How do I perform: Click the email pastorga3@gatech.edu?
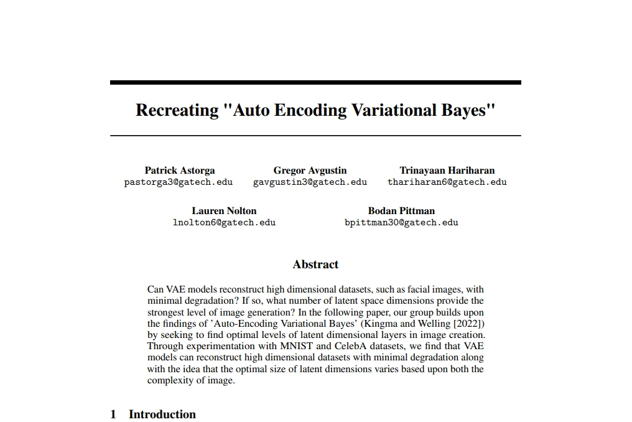[179, 182]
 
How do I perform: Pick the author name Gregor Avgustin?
[310, 170]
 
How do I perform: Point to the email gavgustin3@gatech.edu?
[310, 182]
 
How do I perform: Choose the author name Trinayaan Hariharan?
[447, 170]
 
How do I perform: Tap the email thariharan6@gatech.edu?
[447, 182]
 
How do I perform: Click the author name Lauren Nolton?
[224, 210]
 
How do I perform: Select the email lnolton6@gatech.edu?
[224, 222]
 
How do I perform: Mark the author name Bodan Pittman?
[401, 210]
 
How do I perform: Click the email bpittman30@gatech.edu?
[401, 222]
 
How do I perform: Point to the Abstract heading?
[315, 265]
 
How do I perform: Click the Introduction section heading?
[162, 415]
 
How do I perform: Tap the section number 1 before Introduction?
[113, 415]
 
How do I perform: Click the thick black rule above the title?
[315, 82]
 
